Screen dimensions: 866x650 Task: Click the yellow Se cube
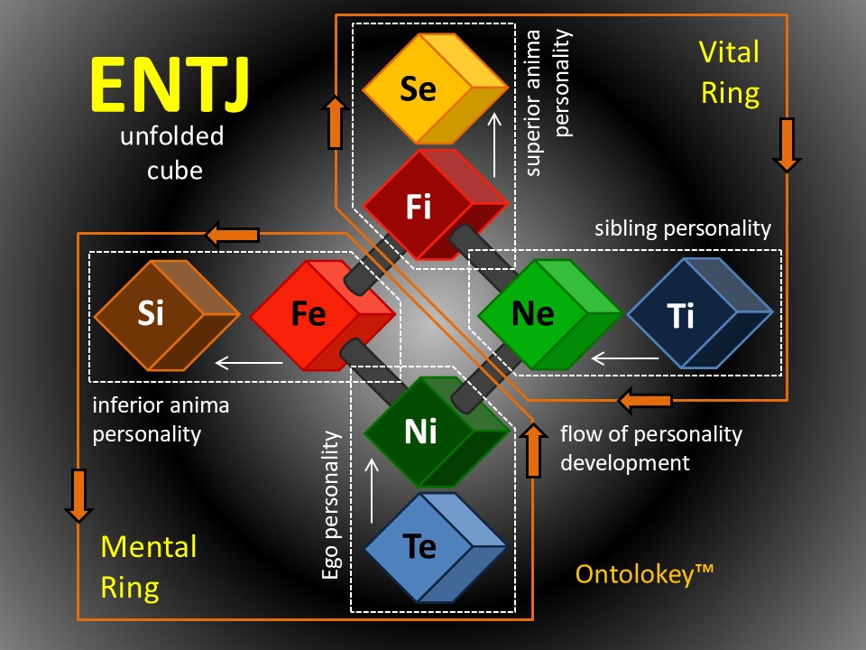pyautogui.click(x=435, y=88)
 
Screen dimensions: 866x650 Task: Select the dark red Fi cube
pyautogui.click(x=435, y=205)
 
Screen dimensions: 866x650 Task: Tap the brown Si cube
pyautogui.click(x=167, y=315)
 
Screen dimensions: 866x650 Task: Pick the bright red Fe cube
pyautogui.click(x=323, y=315)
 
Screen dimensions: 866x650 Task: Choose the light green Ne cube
pyautogui.click(x=550, y=314)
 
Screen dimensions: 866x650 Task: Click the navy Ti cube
pyautogui.click(x=700, y=313)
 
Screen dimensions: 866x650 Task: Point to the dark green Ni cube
pyautogui.click(x=437, y=432)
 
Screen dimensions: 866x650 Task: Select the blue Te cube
pyautogui.click(x=435, y=547)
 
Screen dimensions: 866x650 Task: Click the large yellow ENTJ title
pyautogui.click(x=169, y=85)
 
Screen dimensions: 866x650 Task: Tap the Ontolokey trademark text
pyautogui.click(x=644, y=575)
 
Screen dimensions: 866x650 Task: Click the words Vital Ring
pyautogui.click(x=730, y=72)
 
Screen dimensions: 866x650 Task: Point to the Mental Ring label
pyautogui.click(x=149, y=567)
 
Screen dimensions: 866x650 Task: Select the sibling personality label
pyautogui.click(x=683, y=228)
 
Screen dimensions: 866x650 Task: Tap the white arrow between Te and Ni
pyautogui.click(x=372, y=491)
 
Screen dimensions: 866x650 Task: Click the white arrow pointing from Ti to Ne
pyautogui.click(x=624, y=358)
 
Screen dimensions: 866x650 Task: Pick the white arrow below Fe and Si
pyautogui.click(x=249, y=363)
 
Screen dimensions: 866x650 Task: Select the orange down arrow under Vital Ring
pyautogui.click(x=787, y=144)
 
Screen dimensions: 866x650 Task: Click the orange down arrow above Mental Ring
pyautogui.click(x=79, y=496)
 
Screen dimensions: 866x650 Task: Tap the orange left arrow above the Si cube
pyautogui.click(x=232, y=235)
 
